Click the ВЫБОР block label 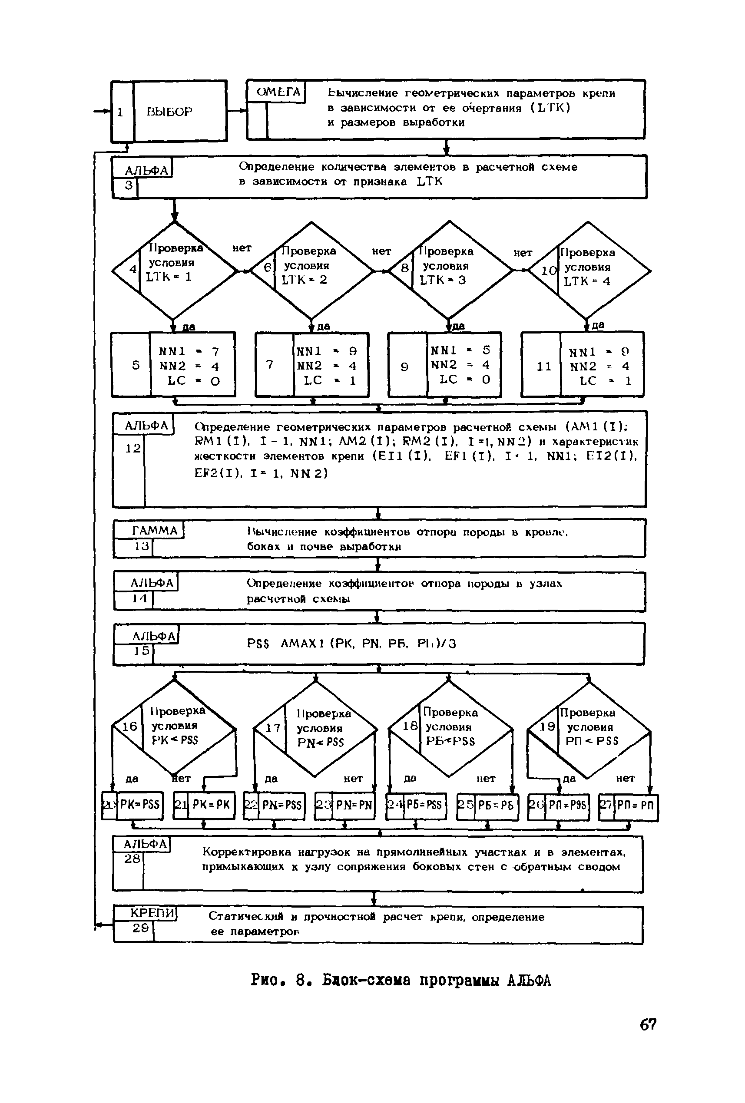169,112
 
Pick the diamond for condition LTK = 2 311,271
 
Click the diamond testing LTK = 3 449,271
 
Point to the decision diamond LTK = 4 589,271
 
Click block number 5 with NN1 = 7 173,365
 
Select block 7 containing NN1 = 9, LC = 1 312,365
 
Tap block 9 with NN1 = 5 445,364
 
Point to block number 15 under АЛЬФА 142,651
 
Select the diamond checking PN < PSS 315,728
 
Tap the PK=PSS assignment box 133,806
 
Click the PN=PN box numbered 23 345,806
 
